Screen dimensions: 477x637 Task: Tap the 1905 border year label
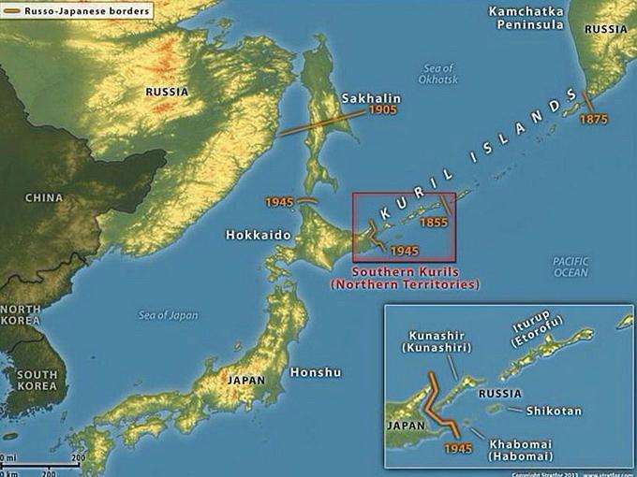tap(382, 110)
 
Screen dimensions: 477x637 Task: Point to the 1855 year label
tap(434, 222)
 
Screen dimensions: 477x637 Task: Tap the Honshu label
tap(316, 372)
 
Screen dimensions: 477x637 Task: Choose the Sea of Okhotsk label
tap(438, 75)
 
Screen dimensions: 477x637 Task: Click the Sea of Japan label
tap(168, 315)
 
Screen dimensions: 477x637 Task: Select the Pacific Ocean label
tap(570, 267)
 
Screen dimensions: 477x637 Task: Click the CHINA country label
tap(44, 198)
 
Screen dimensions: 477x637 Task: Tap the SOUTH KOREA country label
tap(36, 380)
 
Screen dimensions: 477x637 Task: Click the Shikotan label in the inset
tap(554, 411)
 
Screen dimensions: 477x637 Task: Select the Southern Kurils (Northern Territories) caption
tap(404, 278)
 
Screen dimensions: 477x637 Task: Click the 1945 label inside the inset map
tap(459, 449)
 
